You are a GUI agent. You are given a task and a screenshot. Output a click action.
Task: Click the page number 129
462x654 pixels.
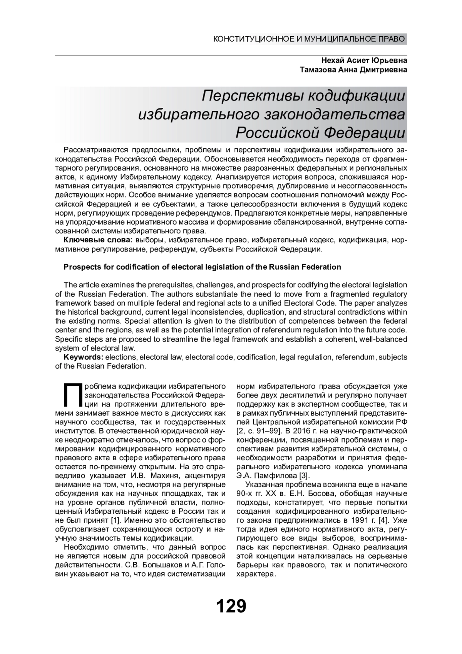231,606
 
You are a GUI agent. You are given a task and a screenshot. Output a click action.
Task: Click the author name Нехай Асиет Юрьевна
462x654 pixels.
364,61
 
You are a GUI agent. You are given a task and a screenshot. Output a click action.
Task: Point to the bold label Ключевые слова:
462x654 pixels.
98,240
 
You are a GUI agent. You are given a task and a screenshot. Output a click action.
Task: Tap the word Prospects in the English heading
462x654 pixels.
79,267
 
